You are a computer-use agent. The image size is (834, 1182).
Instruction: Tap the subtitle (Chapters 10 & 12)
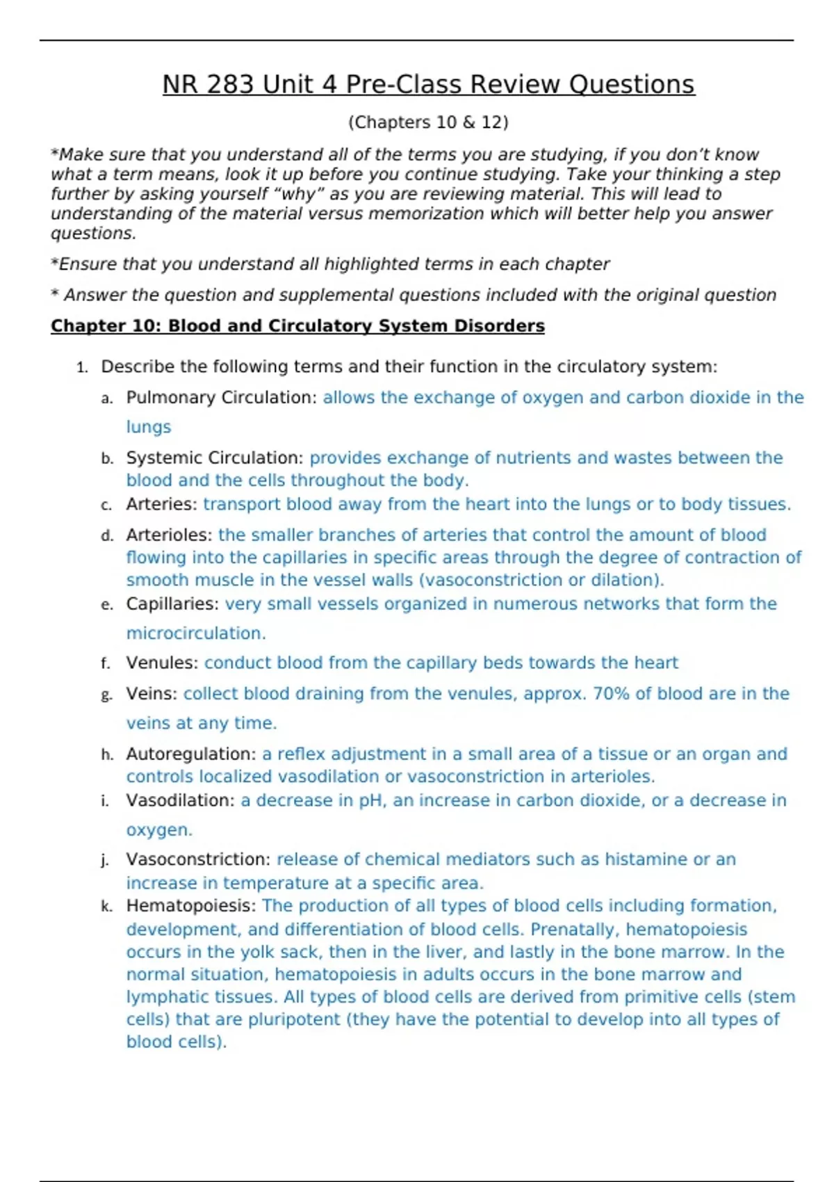point(428,122)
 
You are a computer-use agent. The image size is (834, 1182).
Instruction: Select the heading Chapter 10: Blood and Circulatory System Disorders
point(297,326)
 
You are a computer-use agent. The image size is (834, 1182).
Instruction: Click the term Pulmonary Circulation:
point(222,398)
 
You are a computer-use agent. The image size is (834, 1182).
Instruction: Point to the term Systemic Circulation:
point(215,458)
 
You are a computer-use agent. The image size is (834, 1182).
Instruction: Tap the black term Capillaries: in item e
point(172,604)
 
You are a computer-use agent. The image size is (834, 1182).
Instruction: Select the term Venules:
point(163,663)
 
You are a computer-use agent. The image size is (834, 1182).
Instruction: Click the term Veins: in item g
point(152,694)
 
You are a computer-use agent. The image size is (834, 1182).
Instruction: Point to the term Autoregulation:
point(191,754)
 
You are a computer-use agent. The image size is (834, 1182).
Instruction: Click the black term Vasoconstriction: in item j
point(199,859)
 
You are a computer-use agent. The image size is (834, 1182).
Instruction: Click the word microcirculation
point(195,633)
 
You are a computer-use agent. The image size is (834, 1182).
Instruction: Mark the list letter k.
point(106,907)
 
